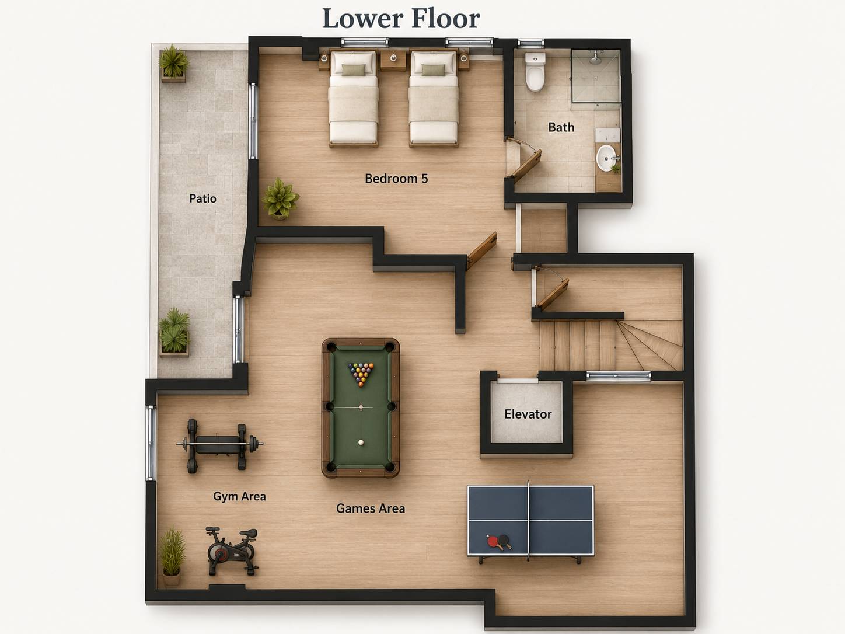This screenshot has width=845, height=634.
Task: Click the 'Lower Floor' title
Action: click(x=401, y=19)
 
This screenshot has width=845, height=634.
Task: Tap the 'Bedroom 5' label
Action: click(x=396, y=179)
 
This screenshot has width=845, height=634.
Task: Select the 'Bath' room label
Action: click(x=561, y=127)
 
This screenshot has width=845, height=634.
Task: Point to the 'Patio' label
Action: click(x=202, y=198)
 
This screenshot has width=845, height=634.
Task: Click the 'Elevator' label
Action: click(x=528, y=414)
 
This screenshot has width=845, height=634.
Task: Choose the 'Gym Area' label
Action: click(x=239, y=497)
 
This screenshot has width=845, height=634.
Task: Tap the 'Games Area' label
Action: click(x=371, y=508)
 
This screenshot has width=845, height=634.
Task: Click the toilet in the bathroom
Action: click(x=535, y=72)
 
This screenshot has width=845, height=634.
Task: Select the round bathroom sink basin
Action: click(x=607, y=158)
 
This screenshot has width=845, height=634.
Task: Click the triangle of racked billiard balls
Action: click(x=361, y=374)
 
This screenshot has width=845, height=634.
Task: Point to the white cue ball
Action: click(x=361, y=443)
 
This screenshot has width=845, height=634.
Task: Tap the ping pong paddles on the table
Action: click(x=498, y=541)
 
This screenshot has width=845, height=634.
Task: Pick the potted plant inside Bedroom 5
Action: click(x=280, y=199)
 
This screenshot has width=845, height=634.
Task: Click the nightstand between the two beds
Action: click(x=393, y=60)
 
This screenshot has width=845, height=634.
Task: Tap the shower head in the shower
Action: click(x=596, y=58)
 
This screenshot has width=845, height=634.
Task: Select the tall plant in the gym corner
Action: click(x=172, y=556)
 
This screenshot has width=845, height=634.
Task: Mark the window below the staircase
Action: click(x=618, y=376)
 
